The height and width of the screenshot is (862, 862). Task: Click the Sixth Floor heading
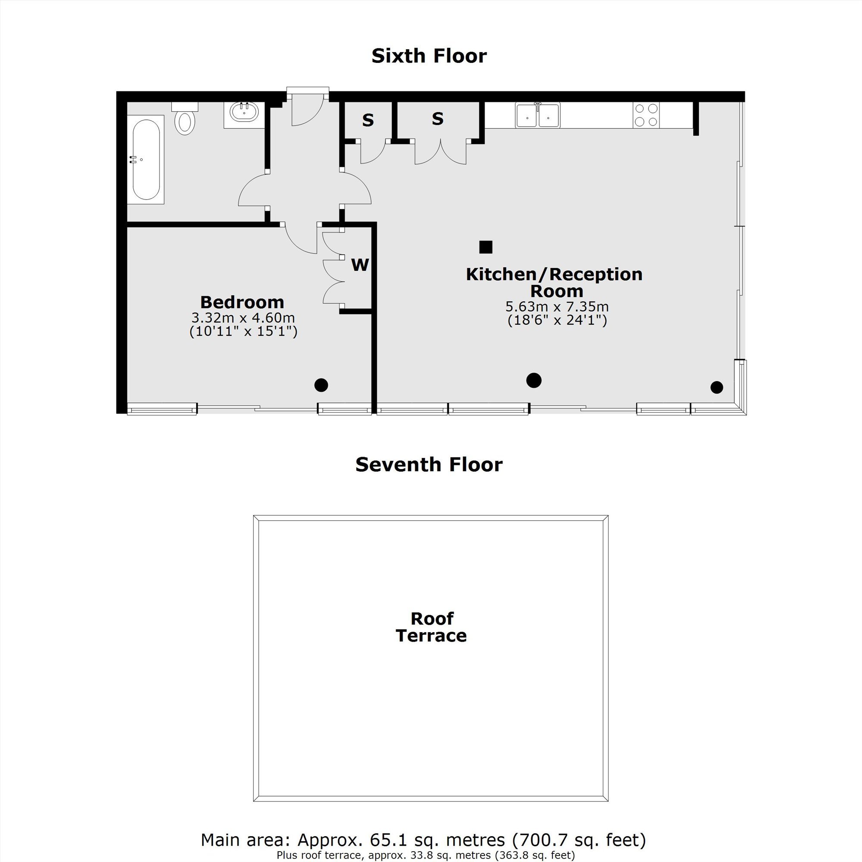click(x=429, y=56)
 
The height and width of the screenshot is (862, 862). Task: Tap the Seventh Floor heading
click(x=429, y=465)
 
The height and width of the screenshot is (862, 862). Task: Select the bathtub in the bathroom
click(x=146, y=159)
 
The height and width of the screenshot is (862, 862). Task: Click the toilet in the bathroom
click(x=185, y=118)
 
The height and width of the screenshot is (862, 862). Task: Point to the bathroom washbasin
click(x=244, y=112)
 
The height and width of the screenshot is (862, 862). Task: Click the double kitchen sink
click(x=538, y=115)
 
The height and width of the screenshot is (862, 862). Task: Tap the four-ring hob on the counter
click(x=646, y=115)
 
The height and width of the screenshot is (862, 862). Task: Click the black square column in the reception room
click(x=486, y=247)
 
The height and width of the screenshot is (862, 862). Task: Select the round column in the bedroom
click(x=321, y=385)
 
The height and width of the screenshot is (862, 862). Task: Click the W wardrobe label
click(x=360, y=265)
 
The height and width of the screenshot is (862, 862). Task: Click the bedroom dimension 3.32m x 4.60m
click(x=243, y=318)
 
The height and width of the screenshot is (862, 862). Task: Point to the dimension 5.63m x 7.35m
click(x=557, y=307)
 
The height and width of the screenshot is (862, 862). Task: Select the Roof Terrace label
click(x=431, y=627)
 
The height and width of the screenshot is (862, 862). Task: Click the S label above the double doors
click(x=438, y=119)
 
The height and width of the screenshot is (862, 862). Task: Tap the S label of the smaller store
click(x=368, y=120)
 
